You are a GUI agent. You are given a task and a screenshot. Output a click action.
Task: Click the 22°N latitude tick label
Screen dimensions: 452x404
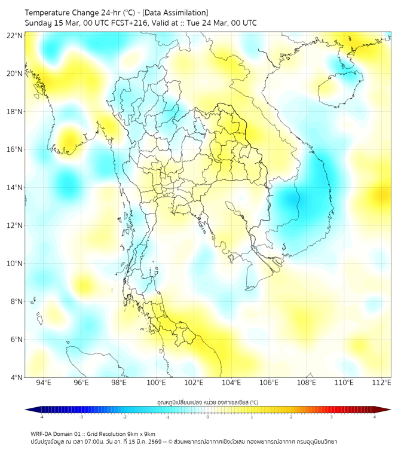coord(15,35)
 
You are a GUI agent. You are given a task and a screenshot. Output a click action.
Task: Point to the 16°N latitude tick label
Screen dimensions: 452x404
coord(15,149)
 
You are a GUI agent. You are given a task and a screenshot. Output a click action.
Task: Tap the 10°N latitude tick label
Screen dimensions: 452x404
coord(15,264)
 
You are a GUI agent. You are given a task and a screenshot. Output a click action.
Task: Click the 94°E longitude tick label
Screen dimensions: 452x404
coord(44,383)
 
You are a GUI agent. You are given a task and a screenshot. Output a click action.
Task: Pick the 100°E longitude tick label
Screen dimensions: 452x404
coord(156,383)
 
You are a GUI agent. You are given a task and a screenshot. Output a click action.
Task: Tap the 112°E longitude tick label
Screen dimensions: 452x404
coord(381,383)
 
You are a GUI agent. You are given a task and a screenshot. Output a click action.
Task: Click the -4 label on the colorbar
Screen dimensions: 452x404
coord(41,417)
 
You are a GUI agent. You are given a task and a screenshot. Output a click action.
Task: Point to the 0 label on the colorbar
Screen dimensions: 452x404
coord(208,417)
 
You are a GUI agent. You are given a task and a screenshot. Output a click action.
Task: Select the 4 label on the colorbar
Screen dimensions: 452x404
coord(375,417)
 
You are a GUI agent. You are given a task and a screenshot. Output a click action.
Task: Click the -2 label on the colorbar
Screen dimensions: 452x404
coord(124,417)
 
